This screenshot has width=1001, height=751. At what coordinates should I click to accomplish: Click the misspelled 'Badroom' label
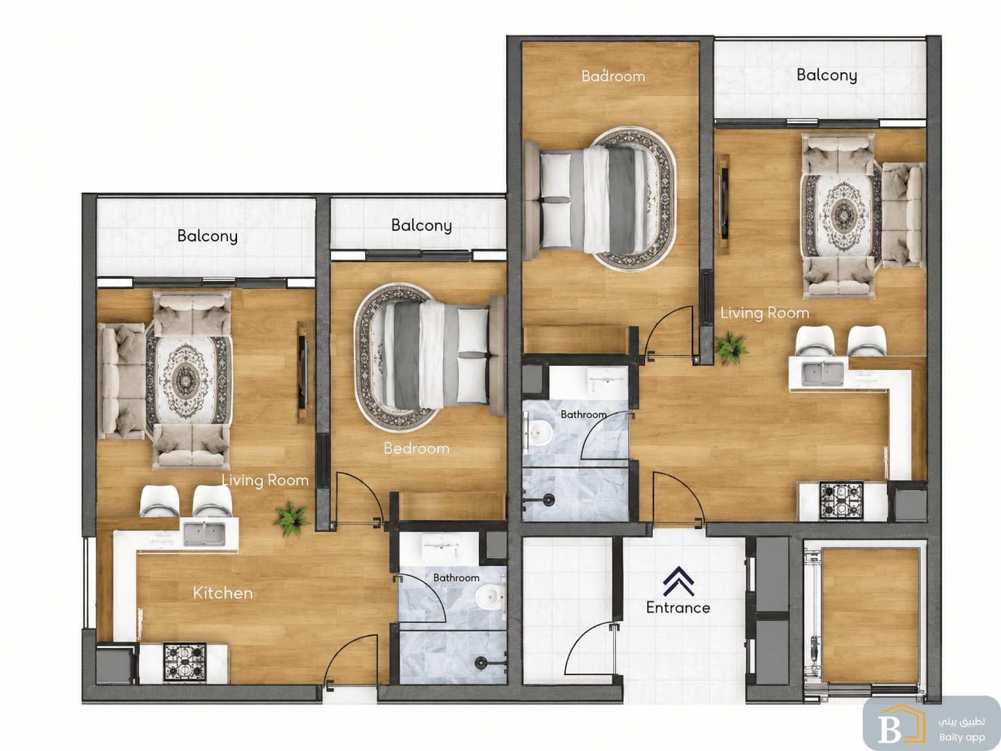(x=613, y=75)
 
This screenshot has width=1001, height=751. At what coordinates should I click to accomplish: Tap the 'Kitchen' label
(x=223, y=593)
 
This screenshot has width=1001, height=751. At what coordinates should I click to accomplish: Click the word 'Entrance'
(x=678, y=607)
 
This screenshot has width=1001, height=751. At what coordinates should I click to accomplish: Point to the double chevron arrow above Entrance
(x=679, y=581)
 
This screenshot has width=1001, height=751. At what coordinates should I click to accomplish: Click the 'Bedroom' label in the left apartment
(x=416, y=448)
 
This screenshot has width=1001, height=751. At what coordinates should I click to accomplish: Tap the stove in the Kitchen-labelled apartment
(x=185, y=662)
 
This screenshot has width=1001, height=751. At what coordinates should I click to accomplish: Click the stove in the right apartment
(x=841, y=501)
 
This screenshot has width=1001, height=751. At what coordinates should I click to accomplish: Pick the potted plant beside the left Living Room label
(x=292, y=519)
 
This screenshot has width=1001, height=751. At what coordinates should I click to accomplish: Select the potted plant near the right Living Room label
(x=731, y=348)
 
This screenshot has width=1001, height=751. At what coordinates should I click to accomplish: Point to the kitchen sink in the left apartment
(x=204, y=534)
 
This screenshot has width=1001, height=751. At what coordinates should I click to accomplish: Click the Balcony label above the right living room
(x=826, y=75)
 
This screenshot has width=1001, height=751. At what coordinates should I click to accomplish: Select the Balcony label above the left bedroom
(x=422, y=225)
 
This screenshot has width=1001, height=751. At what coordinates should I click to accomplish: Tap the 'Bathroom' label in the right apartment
(x=583, y=414)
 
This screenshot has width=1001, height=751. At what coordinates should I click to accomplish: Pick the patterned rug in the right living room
(x=842, y=215)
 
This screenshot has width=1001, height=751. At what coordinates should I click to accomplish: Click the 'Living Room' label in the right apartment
(x=765, y=313)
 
